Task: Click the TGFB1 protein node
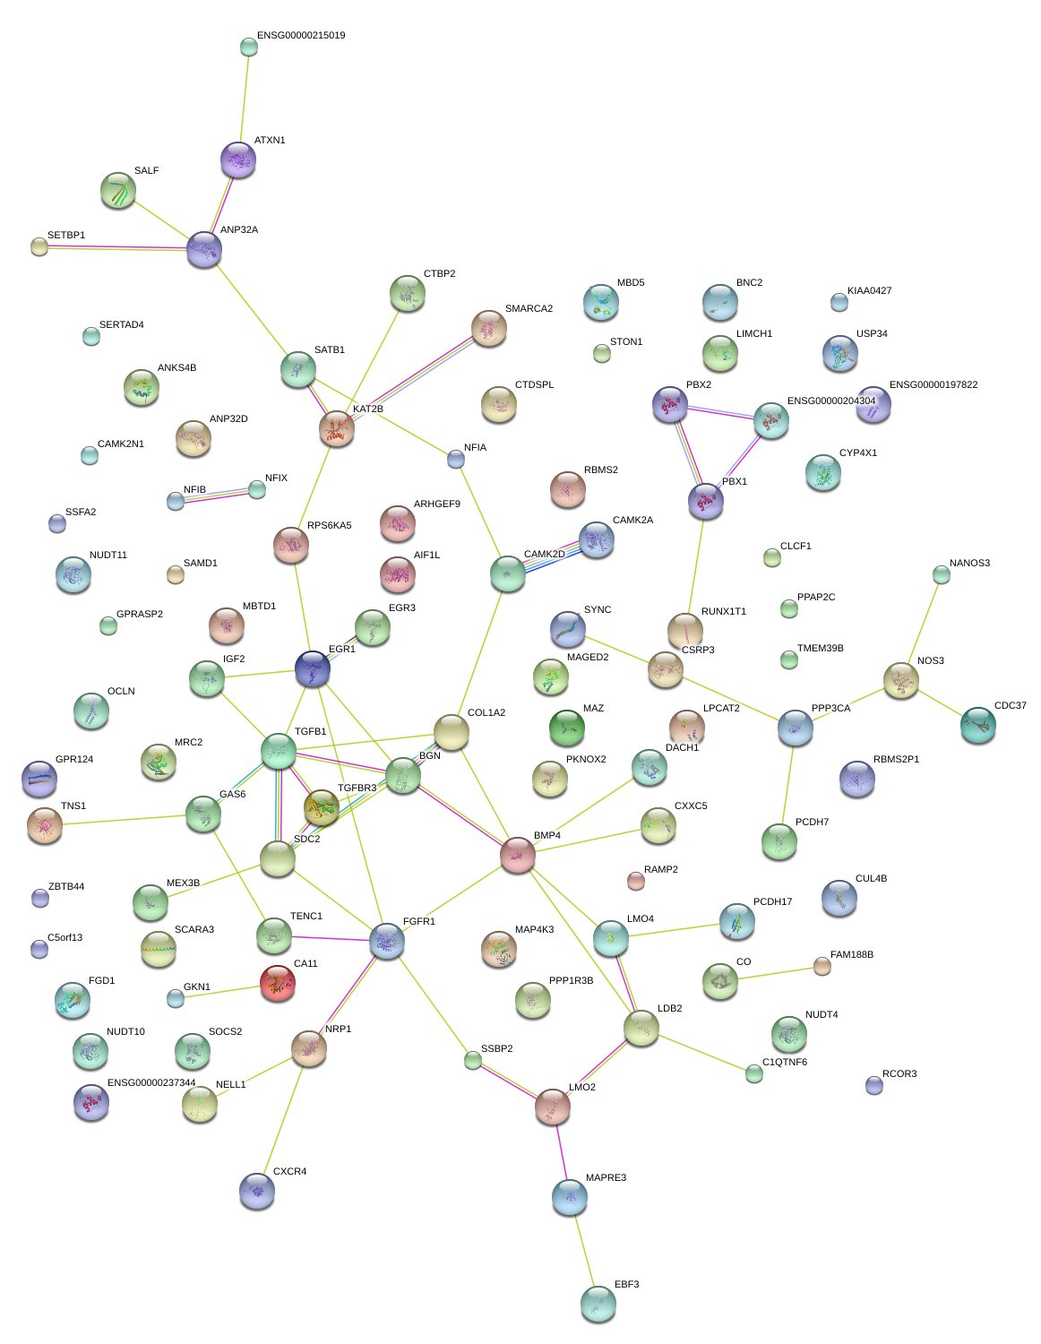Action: pyautogui.click(x=279, y=751)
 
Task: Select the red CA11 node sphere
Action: pyautogui.click(x=278, y=982)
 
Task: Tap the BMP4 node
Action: pyautogui.click(x=517, y=855)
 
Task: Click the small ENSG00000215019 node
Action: pyautogui.click(x=249, y=47)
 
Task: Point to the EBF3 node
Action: pyautogui.click(x=598, y=1303)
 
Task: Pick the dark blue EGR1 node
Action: pyautogui.click(x=313, y=668)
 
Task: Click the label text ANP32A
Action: pyautogui.click(x=239, y=230)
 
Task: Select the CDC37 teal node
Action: pyautogui.click(x=977, y=725)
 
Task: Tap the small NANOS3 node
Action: pyautogui.click(x=941, y=574)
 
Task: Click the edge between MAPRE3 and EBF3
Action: pyautogui.click(x=584, y=1250)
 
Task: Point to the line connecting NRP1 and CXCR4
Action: pyautogui.click(x=283, y=1111)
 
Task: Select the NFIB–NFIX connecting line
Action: pyautogui.click(x=217, y=495)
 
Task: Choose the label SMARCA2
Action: pyautogui.click(x=529, y=309)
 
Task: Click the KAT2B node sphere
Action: pyautogui.click(x=337, y=429)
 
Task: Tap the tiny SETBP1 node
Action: pyautogui.click(x=39, y=246)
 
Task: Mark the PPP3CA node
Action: pyautogui.click(x=796, y=728)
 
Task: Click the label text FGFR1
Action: pyautogui.click(x=419, y=922)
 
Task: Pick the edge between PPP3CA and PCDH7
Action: pyautogui.click(x=787, y=785)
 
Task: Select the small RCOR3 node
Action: pyautogui.click(x=874, y=1085)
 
